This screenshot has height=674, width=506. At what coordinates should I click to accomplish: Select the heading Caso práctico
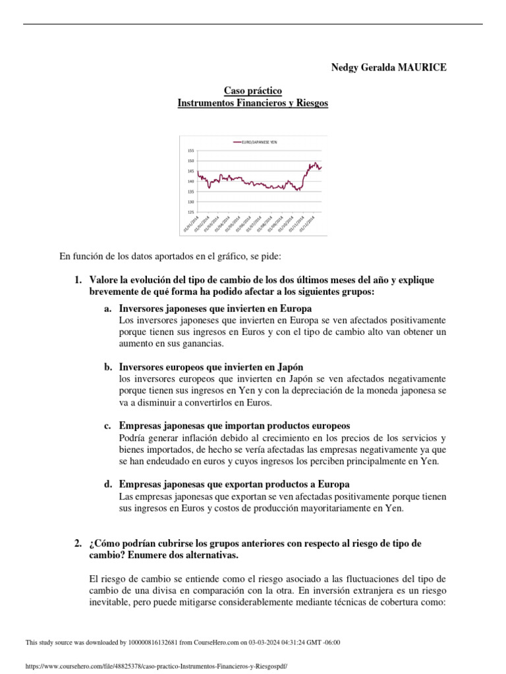253,91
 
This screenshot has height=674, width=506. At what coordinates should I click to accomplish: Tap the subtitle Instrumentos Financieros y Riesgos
253,103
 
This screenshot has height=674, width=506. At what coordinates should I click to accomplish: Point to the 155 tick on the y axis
190,151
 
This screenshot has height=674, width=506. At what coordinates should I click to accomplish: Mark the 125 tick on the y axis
190,212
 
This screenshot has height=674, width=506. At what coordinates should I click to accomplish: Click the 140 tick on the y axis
190,181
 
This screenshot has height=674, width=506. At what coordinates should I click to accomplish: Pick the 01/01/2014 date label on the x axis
190,224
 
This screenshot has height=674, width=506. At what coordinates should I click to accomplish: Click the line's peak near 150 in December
316,163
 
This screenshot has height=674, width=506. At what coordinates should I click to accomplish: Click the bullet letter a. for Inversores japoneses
107,309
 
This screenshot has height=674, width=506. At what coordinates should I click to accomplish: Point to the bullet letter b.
107,367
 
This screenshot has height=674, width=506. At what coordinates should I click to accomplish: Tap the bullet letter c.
107,426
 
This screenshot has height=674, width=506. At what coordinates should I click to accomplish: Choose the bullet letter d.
107,484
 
